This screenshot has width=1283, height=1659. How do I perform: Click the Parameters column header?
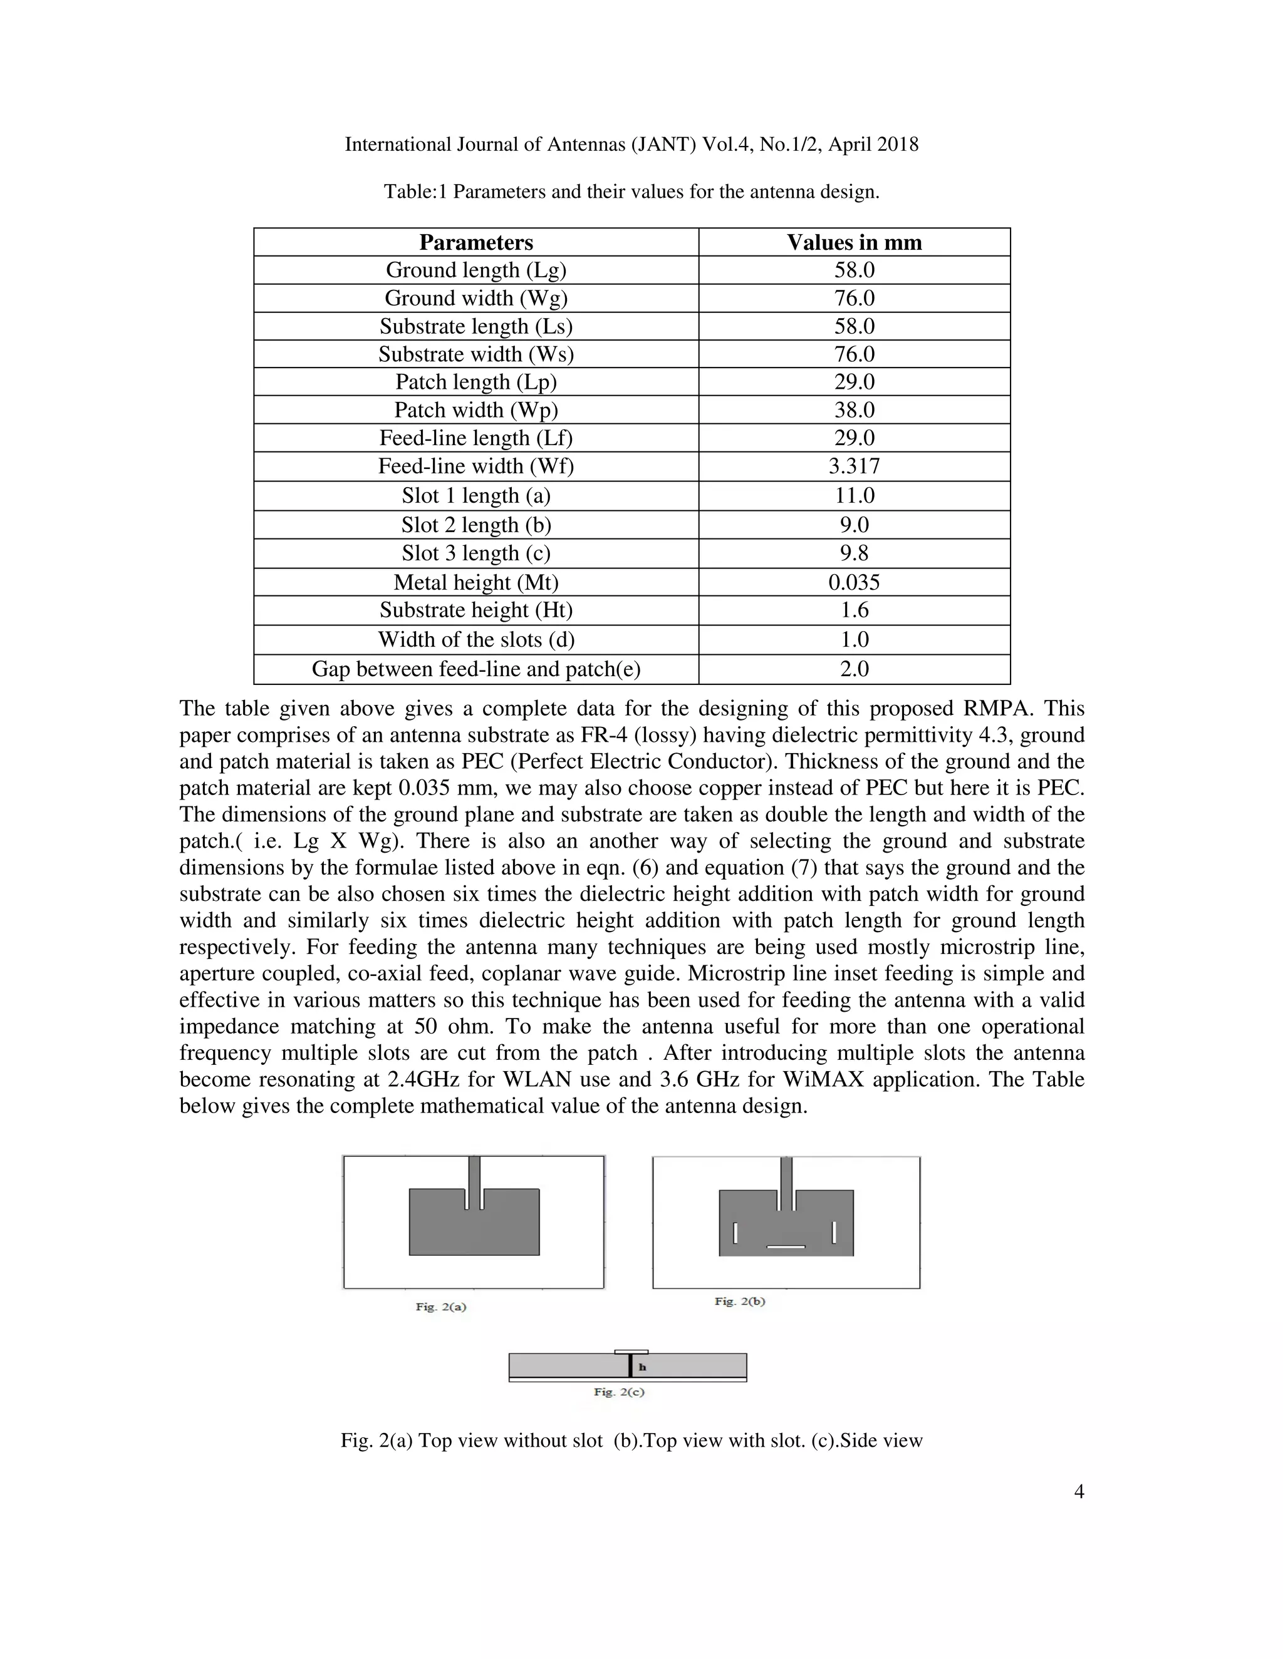tap(476, 242)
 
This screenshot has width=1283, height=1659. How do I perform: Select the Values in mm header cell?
tap(854, 242)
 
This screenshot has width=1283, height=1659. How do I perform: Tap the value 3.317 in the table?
tap(854, 466)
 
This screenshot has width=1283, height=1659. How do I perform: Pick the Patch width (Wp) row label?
tap(476, 410)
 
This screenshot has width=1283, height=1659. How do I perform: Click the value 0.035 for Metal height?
tap(854, 583)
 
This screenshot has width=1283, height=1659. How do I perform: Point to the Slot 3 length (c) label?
tap(476, 553)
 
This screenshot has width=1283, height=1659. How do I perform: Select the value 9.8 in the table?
tap(854, 553)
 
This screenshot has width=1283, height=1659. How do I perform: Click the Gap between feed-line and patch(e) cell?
tap(476, 669)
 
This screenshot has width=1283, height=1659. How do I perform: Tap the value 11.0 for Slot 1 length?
tap(854, 495)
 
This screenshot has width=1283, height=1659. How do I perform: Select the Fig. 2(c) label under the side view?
tap(619, 1392)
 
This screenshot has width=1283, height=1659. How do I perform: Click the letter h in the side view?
tap(642, 1367)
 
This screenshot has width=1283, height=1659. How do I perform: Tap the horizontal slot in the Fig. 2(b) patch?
tap(786, 1246)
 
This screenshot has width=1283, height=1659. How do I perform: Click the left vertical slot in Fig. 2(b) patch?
tap(735, 1232)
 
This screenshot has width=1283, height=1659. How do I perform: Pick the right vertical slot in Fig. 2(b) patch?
tap(834, 1232)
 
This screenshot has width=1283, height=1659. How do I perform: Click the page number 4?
tap(1079, 1492)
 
